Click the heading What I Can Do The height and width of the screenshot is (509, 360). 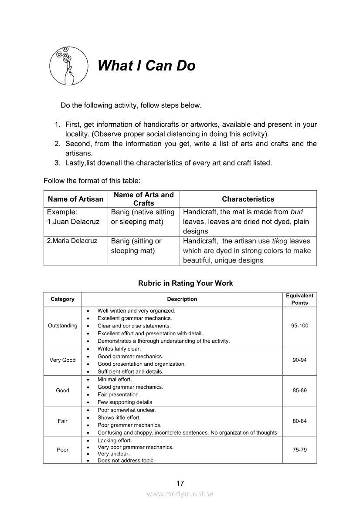(146, 66)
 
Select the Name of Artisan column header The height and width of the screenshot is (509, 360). (75, 199)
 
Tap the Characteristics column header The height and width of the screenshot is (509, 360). (248, 199)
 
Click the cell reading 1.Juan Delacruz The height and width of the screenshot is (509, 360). (73, 222)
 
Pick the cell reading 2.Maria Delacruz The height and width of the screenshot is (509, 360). (72, 241)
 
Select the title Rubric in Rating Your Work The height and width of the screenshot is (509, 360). (185, 283)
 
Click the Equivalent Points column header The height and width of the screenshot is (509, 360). (299, 299)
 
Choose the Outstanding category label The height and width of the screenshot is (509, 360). (62, 326)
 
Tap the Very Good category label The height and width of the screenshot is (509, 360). (62, 360)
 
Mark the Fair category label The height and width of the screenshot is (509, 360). (62, 421)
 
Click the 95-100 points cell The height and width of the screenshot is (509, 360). (299, 326)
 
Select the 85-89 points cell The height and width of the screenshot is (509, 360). (299, 391)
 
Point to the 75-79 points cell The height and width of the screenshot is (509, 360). (299, 450)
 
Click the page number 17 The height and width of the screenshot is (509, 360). (180, 483)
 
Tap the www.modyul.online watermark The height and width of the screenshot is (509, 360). (180, 494)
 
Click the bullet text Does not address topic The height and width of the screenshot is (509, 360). (126, 461)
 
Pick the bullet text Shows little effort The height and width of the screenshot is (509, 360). (119, 418)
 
